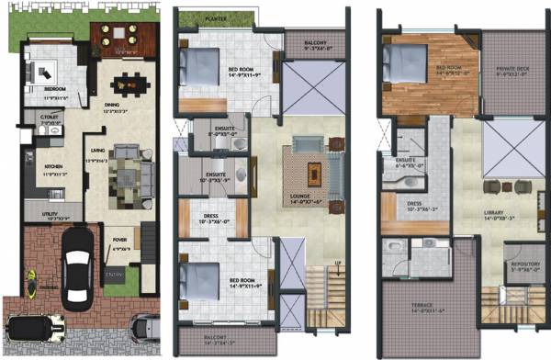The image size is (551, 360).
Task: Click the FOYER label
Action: [x=118, y=242]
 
